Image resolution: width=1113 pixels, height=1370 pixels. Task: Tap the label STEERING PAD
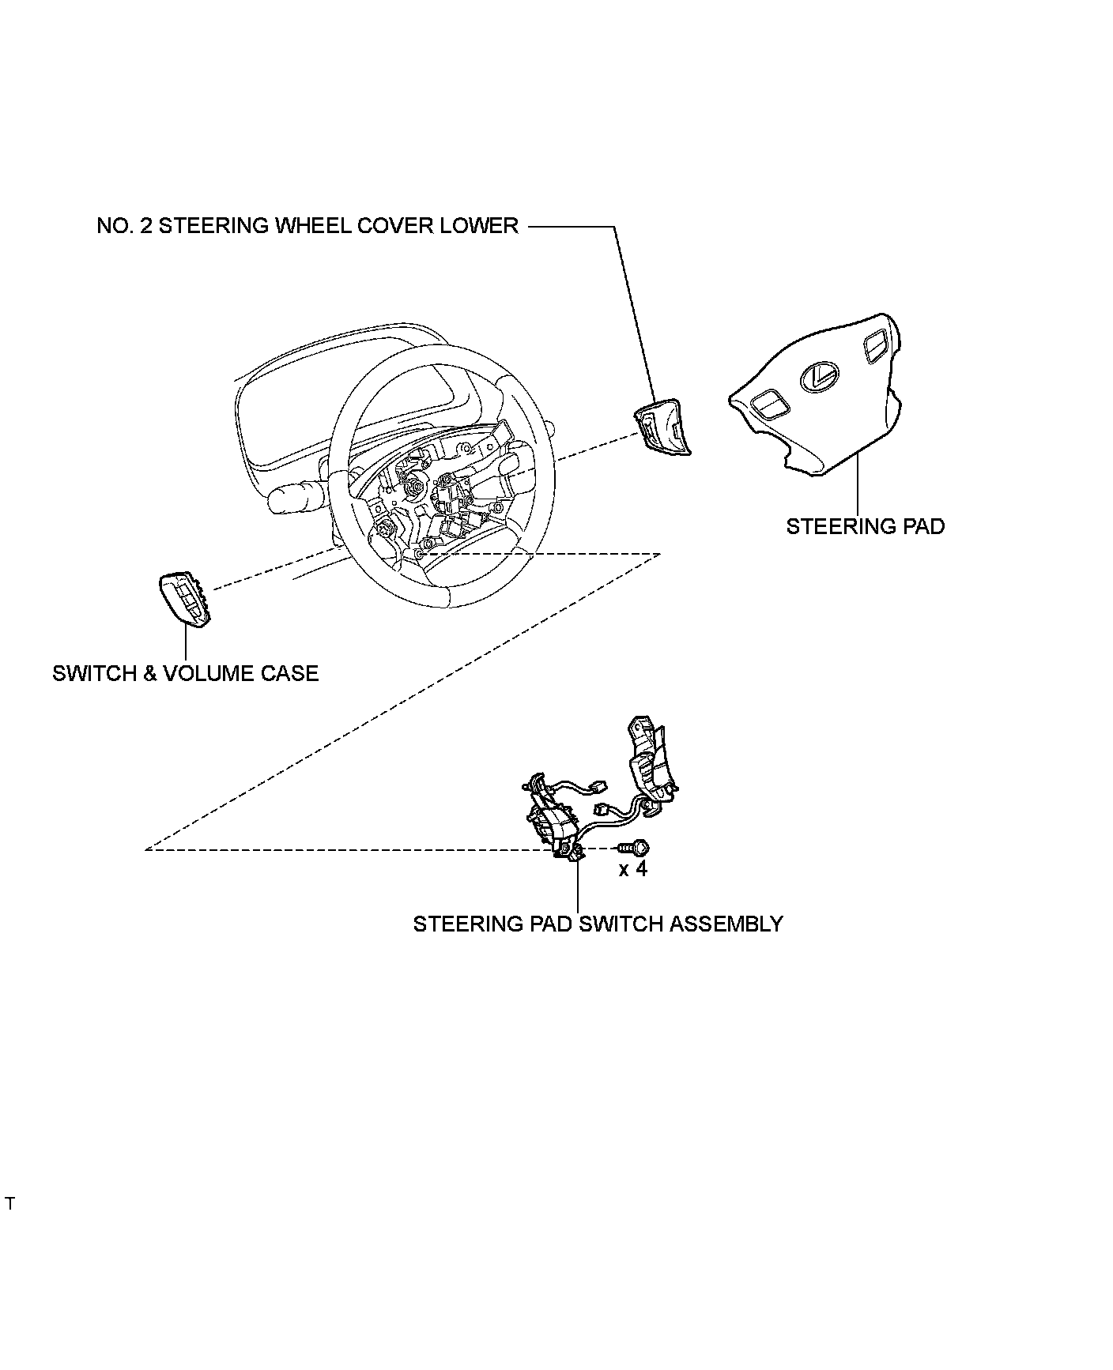(865, 526)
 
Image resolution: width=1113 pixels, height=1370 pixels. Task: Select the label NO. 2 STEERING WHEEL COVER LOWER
(307, 226)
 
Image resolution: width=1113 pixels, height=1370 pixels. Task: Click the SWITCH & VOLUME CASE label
(185, 673)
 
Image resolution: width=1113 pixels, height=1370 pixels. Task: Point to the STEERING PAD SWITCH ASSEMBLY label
(598, 924)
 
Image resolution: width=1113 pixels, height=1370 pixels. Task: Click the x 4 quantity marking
(632, 869)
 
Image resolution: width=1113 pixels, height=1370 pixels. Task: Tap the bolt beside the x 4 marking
(633, 848)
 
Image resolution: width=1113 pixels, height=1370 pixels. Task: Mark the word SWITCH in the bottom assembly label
(621, 924)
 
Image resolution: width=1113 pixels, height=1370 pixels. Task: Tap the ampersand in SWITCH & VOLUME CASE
(149, 673)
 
